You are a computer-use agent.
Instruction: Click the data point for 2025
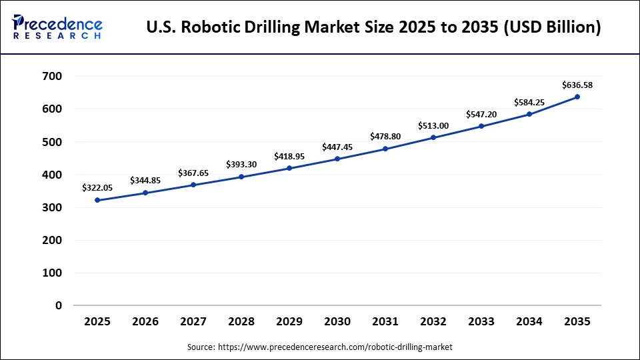point(97,200)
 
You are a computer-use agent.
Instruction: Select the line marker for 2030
point(337,159)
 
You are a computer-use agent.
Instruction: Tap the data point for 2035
point(577,97)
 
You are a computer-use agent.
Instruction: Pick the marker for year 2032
point(433,137)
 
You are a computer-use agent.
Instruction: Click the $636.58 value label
point(577,85)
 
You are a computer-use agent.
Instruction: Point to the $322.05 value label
point(97,188)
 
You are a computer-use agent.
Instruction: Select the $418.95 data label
point(289,156)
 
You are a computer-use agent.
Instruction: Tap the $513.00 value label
point(433,125)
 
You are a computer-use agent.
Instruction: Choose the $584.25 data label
point(529,102)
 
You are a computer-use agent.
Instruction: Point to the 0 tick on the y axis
point(59,306)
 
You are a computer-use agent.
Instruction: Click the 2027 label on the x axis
point(193,322)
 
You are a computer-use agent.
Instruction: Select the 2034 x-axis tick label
point(529,322)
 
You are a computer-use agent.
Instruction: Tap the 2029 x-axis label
point(289,322)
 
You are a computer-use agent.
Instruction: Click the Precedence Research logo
point(57,27)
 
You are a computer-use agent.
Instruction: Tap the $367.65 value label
point(193,173)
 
